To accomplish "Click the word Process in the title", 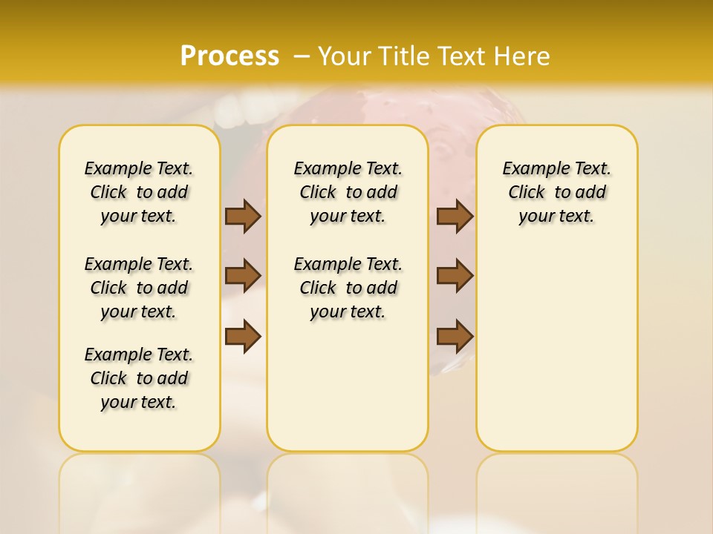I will click(229, 56).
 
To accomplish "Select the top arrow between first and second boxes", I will click(243, 216).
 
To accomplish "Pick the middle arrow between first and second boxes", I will click(243, 276).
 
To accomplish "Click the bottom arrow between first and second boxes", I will click(243, 336).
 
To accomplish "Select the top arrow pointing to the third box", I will click(455, 216).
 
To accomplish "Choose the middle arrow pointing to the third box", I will click(455, 276).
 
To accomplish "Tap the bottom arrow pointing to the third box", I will click(455, 336).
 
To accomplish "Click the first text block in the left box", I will click(139, 192).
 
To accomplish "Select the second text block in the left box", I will click(139, 288).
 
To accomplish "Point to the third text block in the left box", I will click(139, 378).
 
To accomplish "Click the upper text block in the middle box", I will click(348, 192).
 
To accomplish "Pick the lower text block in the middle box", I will click(348, 288).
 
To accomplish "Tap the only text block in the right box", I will click(557, 192).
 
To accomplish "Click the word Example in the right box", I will click(530, 169).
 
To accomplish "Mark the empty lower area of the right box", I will click(557, 341).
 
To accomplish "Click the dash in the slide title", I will click(302, 56).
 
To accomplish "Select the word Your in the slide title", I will click(344, 56).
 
